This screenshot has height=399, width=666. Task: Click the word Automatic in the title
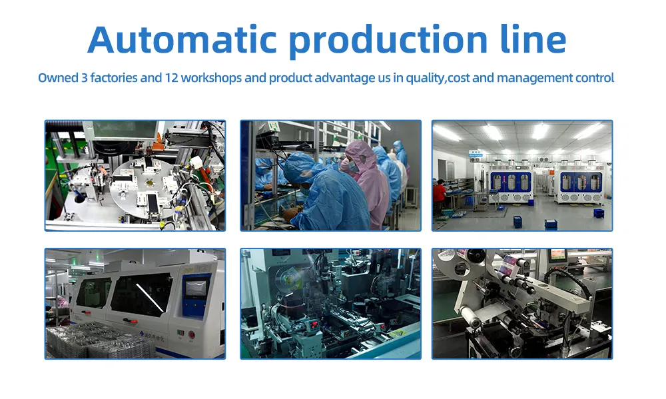pos(182,39)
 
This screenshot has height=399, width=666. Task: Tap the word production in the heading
pos(388,41)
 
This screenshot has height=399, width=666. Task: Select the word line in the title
pos(533,39)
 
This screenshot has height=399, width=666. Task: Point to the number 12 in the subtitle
pos(171,78)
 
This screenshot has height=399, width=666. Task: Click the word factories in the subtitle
pos(114,78)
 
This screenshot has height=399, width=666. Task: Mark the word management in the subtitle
pos(535,78)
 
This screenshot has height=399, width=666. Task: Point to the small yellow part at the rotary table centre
pos(149,183)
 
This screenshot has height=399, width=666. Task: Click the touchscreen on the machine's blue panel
pos(196,289)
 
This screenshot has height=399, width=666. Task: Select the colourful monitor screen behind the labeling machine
pos(558,255)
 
